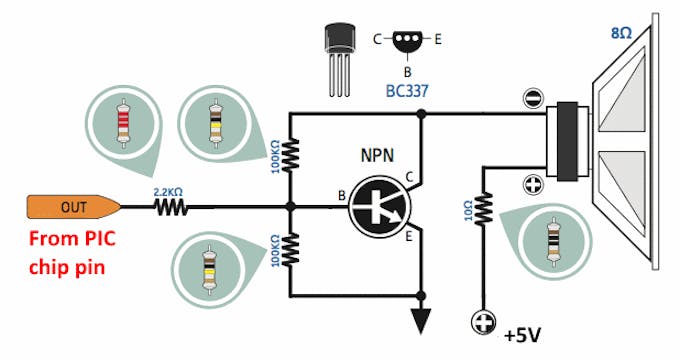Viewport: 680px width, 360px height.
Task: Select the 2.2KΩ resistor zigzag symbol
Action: pos(171,208)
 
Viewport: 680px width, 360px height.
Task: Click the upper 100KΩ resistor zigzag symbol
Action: pos(290,153)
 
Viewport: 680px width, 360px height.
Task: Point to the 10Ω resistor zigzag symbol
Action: pos(484,208)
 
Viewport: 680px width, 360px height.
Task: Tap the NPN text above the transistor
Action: pos(378,157)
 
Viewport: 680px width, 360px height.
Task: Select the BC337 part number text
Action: pos(408,90)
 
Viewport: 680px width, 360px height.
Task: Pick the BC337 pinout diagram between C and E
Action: pos(407,41)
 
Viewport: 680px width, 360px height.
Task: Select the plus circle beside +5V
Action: pos(484,323)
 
